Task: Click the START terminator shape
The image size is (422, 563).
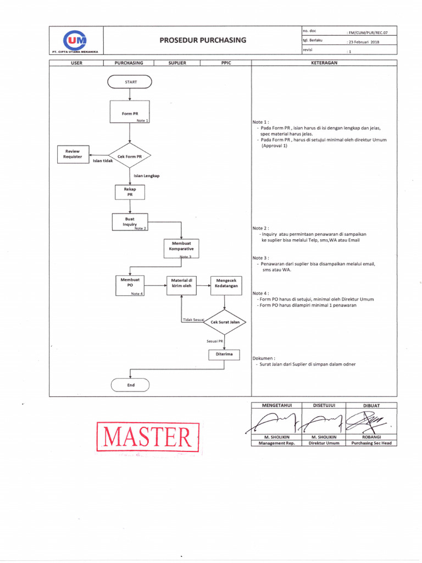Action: tap(132, 82)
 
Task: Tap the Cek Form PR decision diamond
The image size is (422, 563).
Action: tap(130, 156)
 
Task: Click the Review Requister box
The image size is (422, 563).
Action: tap(73, 154)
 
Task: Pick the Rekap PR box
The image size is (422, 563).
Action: tap(130, 192)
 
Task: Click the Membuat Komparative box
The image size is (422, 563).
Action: tap(181, 249)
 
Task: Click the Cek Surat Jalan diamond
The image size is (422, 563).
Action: tap(224, 322)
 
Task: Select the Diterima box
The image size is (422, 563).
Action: tap(224, 355)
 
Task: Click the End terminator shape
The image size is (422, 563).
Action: tap(131, 385)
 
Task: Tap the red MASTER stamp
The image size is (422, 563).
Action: tap(147, 438)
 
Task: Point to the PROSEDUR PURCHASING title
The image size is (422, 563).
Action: tap(203, 40)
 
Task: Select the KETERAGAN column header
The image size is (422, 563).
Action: tap(324, 63)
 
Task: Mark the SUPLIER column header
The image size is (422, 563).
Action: tap(177, 63)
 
